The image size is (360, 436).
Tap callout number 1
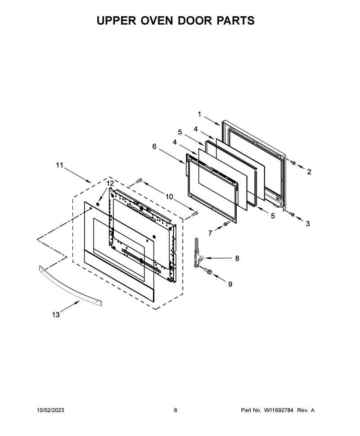pyautogui.click(x=199, y=114)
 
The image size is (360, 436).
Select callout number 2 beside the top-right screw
pyautogui.click(x=309, y=172)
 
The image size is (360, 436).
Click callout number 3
pyautogui.click(x=308, y=223)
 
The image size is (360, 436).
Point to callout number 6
pyautogui.click(x=154, y=146)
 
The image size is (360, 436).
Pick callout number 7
pyautogui.click(x=210, y=233)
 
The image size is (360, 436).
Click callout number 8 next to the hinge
pyautogui.click(x=237, y=258)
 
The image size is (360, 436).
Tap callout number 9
pyautogui.click(x=230, y=284)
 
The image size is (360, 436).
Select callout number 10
pyautogui.click(x=169, y=197)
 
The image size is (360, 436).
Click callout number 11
pyautogui.click(x=59, y=165)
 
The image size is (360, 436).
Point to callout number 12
pyautogui.click(x=110, y=183)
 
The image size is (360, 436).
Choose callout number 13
pyautogui.click(x=56, y=315)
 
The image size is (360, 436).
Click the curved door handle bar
pyautogui.click(x=70, y=286)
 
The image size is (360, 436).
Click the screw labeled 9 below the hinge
pyautogui.click(x=208, y=270)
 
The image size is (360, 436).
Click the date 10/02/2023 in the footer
pyautogui.click(x=51, y=410)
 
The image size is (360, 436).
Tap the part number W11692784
pyautogui.click(x=278, y=410)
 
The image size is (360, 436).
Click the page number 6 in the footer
pyautogui.click(x=175, y=410)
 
